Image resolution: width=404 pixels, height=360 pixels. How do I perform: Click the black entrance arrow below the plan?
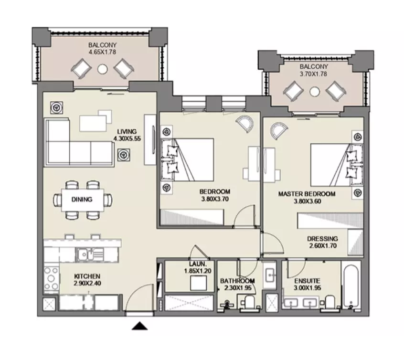[x=139, y=326]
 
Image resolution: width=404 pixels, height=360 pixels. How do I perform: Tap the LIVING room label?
[x=127, y=131]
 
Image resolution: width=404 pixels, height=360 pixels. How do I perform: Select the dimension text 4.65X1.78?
[x=102, y=52]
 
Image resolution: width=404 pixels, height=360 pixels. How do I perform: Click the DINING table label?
[x=82, y=199]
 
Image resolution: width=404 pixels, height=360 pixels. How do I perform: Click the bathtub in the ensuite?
[x=351, y=285]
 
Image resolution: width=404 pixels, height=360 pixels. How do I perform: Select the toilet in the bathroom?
[x=249, y=302]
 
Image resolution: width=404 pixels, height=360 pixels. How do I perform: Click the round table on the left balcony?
[x=102, y=69]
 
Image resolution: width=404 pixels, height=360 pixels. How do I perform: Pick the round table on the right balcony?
[x=315, y=92]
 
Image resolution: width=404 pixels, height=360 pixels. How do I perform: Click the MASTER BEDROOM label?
[x=307, y=194]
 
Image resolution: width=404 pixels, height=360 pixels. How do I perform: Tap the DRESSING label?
[x=323, y=239]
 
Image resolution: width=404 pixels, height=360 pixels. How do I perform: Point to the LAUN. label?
[x=198, y=264]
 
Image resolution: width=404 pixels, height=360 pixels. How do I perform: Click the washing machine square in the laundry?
[x=198, y=283]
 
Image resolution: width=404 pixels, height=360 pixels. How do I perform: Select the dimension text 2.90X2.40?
[x=87, y=284]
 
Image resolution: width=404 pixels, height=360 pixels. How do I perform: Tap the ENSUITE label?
[x=308, y=281]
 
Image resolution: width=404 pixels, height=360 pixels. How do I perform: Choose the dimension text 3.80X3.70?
[x=215, y=199]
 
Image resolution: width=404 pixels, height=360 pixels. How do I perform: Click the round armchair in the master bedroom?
[x=279, y=130]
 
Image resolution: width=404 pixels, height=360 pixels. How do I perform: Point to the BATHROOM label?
[x=237, y=281]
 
